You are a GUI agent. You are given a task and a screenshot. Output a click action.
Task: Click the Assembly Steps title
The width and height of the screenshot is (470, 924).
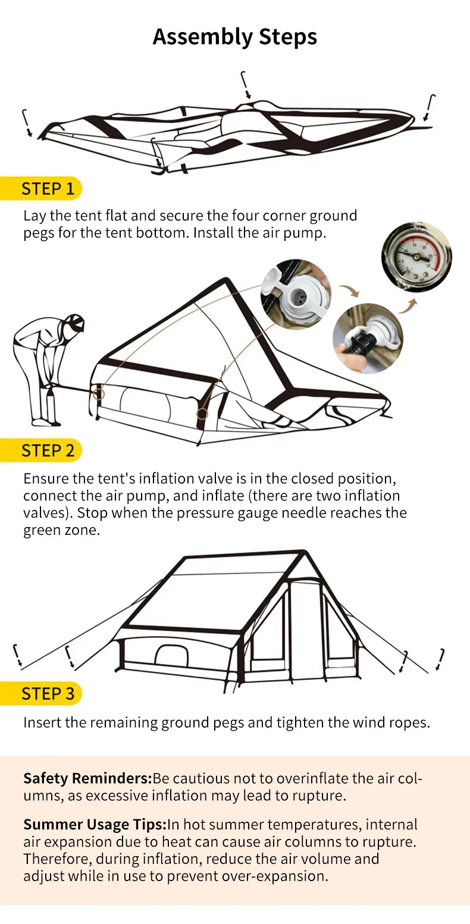[x=234, y=37]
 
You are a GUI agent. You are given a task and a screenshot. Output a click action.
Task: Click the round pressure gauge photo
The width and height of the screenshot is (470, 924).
[x=416, y=256]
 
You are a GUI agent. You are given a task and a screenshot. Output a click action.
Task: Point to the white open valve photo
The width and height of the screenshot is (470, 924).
[x=296, y=294]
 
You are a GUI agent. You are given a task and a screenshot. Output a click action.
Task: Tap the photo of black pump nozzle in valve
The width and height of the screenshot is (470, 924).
[x=367, y=338]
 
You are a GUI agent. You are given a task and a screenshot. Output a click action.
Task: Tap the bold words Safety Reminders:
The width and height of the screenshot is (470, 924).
[x=87, y=778]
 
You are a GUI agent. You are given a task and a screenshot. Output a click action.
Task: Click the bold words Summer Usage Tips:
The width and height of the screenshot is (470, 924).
[x=95, y=825]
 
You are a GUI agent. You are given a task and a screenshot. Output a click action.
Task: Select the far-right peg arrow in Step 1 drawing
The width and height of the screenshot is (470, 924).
[x=430, y=107]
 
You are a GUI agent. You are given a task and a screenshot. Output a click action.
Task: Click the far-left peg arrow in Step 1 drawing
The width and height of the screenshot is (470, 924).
[x=27, y=123]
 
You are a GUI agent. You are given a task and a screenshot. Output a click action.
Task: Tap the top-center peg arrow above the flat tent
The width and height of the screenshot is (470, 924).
[x=246, y=85]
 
